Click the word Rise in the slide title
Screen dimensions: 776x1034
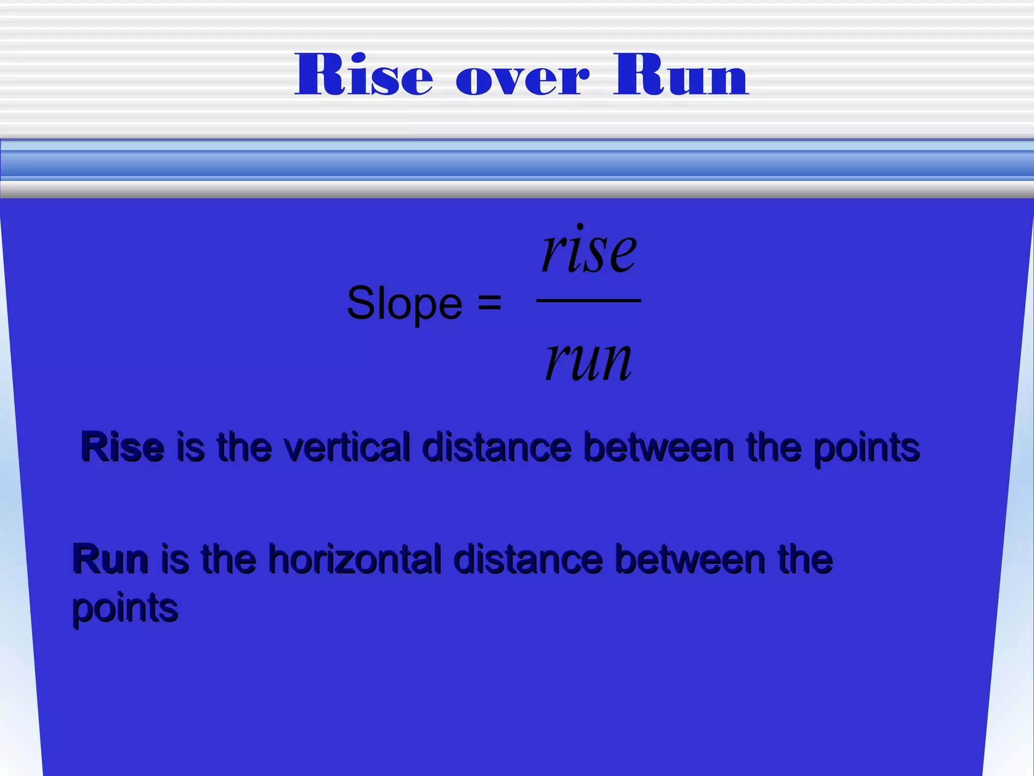click(x=364, y=75)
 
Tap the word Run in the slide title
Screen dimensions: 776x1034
click(x=681, y=75)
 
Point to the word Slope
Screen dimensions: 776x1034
click(x=404, y=304)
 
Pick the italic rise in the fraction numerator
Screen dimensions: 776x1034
click(x=589, y=250)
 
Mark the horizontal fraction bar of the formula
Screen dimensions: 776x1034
click(x=589, y=301)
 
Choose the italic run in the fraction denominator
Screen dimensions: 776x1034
click(x=589, y=360)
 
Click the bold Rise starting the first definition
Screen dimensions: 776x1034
click(x=123, y=447)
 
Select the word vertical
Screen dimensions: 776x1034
click(x=347, y=447)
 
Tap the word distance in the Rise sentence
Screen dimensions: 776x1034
click(x=497, y=447)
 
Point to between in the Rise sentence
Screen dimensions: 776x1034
click(x=659, y=447)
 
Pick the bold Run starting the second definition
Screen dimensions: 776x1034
click(x=110, y=559)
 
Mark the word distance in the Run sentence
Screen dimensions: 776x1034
click(x=528, y=559)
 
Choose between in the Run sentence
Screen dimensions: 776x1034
click(x=690, y=559)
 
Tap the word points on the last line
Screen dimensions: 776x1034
click(x=125, y=608)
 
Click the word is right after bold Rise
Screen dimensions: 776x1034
click(x=191, y=447)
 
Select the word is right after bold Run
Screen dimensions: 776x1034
click(x=175, y=559)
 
